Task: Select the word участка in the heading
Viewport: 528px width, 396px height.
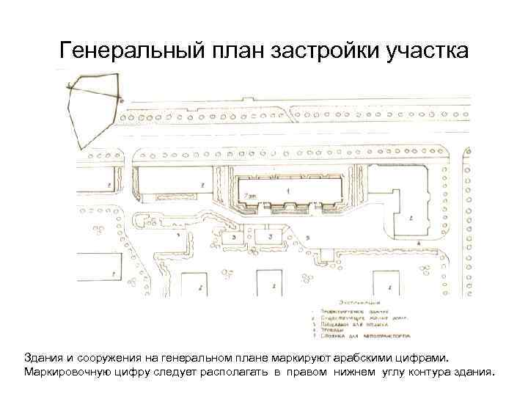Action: click(x=427, y=53)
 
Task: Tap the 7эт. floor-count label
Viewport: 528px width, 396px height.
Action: click(x=251, y=196)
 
